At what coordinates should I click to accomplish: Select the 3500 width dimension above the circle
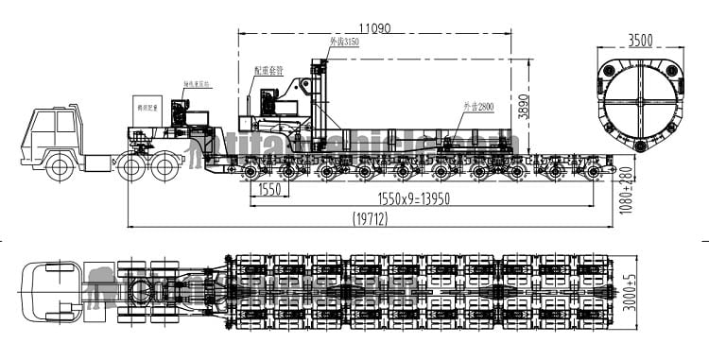641,41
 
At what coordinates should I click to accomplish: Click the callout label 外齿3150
344,43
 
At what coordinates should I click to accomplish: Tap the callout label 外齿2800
476,107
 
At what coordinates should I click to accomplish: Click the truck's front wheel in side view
60,168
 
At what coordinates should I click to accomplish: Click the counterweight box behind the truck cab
147,111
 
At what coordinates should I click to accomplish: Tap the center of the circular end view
640,102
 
